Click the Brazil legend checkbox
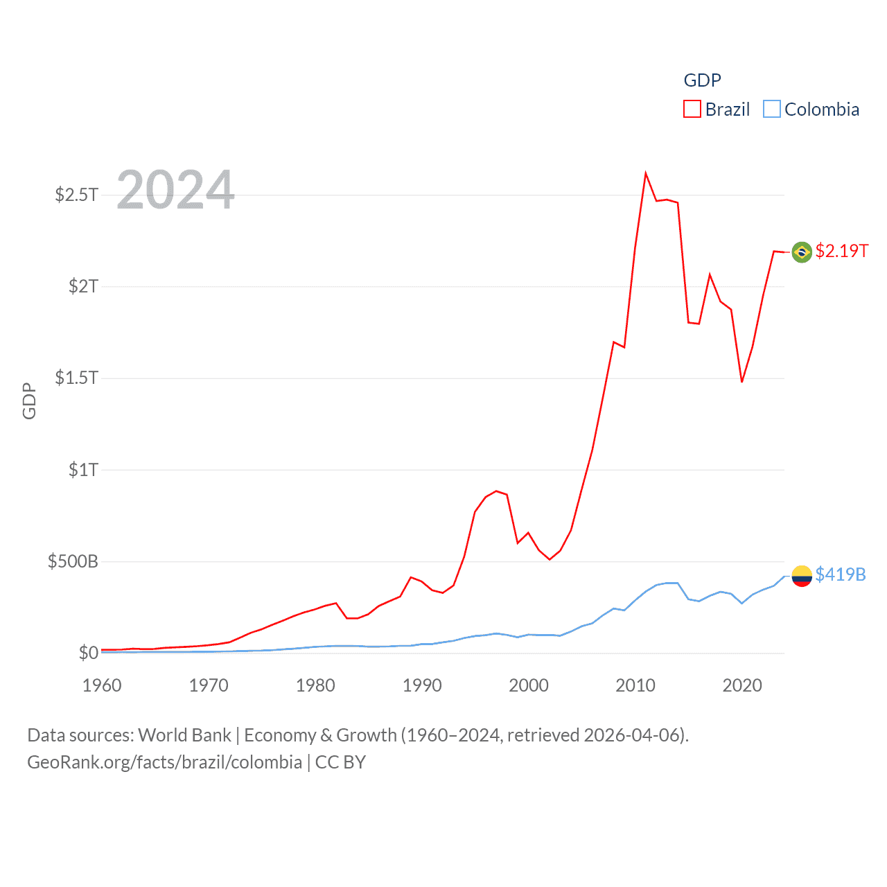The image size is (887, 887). click(x=692, y=109)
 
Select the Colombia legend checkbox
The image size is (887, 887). click(x=772, y=109)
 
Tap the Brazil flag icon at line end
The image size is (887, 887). click(x=802, y=252)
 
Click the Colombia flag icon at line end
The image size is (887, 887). click(x=802, y=575)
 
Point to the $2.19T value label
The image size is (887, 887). click(x=841, y=251)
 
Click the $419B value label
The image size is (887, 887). click(x=840, y=574)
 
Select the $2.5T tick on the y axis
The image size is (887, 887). click(x=76, y=195)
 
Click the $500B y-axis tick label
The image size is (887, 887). click(x=73, y=561)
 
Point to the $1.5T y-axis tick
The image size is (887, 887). click(x=76, y=378)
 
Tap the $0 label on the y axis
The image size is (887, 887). click(x=88, y=653)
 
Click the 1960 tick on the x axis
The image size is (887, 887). click(x=102, y=685)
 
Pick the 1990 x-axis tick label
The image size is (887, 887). click(x=422, y=685)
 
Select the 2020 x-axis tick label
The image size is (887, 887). click(x=742, y=685)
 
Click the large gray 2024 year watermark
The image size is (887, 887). click(x=176, y=190)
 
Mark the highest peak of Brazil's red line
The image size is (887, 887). click(x=645, y=173)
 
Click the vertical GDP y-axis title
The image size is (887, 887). click(x=29, y=401)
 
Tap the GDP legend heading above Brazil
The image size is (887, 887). click(x=702, y=80)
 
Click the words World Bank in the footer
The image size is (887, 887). click(x=184, y=735)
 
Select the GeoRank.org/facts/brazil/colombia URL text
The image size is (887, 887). click(x=164, y=762)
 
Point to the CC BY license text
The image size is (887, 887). click(x=340, y=762)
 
